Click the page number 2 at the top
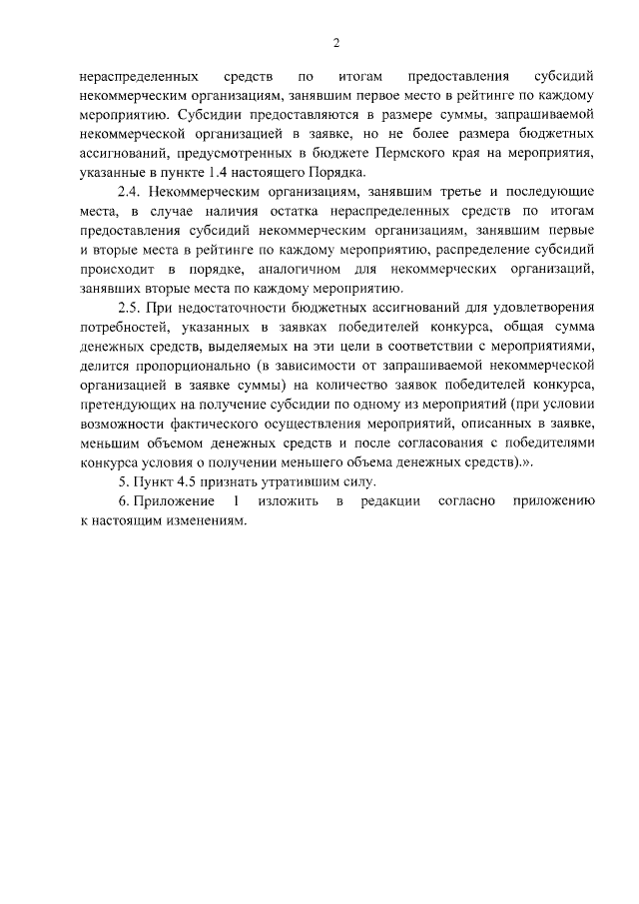tap(336, 42)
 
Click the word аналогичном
tap(320, 267)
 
